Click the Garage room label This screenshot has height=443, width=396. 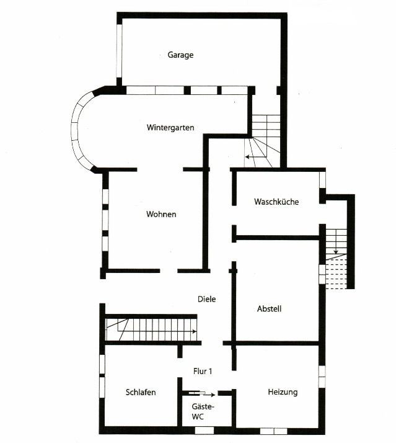click(x=180, y=55)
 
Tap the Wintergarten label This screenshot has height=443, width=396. click(x=170, y=128)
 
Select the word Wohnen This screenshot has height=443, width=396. click(x=161, y=214)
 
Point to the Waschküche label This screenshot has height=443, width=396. click(x=276, y=202)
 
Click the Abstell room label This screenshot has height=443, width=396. click(x=269, y=308)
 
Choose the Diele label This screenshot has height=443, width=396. click(x=206, y=299)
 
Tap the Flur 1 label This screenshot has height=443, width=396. click(x=202, y=372)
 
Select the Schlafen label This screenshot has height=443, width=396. click(x=141, y=392)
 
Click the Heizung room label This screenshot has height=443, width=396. click(x=283, y=392)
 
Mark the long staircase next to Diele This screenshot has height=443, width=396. click(x=152, y=329)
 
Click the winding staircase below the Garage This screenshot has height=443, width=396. click(x=265, y=141)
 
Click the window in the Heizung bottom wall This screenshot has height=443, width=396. click(x=273, y=430)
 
